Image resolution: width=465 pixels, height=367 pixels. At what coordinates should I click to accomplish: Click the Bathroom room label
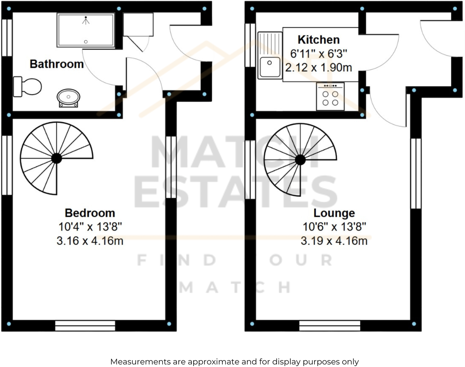57,64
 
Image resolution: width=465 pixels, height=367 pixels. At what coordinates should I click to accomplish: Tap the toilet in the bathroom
28,87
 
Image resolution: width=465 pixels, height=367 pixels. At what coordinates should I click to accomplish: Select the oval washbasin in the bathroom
68,97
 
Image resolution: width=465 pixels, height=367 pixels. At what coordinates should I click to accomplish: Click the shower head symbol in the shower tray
86,20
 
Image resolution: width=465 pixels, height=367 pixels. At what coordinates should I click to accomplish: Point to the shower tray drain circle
86,42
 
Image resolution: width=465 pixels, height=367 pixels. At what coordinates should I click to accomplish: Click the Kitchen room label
318,40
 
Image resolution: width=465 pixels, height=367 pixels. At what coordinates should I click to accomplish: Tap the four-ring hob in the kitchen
330,97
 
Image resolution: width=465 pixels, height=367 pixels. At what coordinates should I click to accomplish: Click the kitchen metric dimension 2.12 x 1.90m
318,67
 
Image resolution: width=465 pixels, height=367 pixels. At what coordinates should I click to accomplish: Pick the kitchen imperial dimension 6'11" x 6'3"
318,54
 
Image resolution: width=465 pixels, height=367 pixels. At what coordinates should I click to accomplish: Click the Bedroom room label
90,213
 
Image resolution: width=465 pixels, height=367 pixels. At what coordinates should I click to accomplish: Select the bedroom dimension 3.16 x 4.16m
90,241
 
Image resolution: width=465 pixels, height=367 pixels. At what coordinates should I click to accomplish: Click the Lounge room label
334,213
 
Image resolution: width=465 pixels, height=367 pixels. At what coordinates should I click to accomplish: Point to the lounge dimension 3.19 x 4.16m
334,241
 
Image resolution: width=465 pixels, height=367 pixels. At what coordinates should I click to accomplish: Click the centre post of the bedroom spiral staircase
57,158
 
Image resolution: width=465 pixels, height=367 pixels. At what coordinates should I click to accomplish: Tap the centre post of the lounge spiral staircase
300,160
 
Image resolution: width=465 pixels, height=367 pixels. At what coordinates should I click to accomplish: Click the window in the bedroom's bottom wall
85,326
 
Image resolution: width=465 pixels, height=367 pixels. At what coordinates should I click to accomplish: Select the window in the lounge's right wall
416,173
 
